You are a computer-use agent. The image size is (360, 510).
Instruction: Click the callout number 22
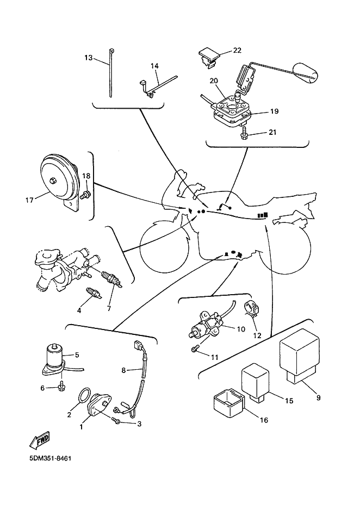pos(237,51)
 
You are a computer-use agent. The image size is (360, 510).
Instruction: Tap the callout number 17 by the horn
pos(29,200)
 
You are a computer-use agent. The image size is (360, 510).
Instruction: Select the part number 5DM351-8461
pos(36,458)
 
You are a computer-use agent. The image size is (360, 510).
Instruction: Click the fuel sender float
pos(307,73)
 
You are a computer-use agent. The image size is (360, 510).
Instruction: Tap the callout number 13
pos(89,57)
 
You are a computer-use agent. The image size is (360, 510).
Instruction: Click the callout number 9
pos(318,397)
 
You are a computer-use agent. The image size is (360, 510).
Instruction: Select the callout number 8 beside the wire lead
pos(123,370)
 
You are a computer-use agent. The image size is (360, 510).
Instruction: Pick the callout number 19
pos(274,111)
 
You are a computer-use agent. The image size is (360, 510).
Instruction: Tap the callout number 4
pos(79,310)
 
